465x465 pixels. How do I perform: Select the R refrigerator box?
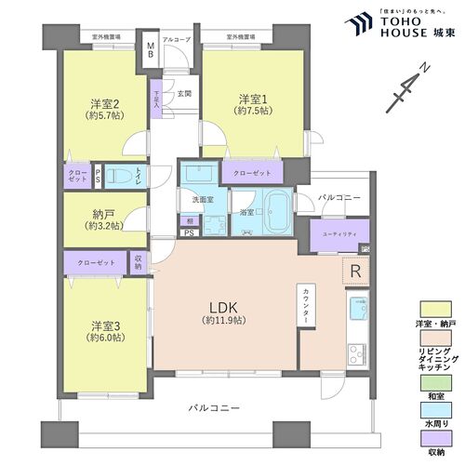tap(355, 271)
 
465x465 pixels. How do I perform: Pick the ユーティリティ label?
tap(336, 233)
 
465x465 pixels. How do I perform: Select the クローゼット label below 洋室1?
tap(253, 173)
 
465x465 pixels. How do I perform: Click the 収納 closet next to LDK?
tap(139, 263)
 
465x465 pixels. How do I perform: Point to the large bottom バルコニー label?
tap(213, 407)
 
